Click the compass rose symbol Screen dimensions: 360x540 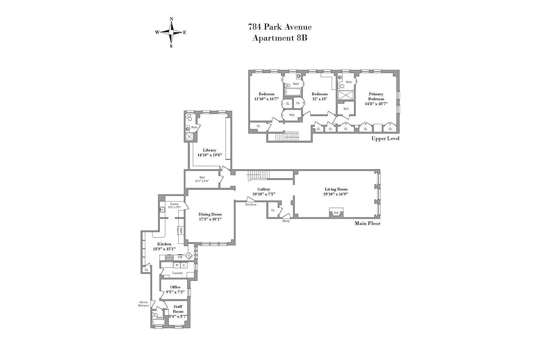[x=171, y=32]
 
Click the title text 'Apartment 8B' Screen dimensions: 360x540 [x=279, y=38]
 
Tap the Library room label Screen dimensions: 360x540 [x=210, y=150]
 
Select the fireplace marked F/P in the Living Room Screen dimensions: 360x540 [x=336, y=212]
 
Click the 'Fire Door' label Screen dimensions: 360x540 [x=251, y=204]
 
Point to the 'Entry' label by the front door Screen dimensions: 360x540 [x=286, y=221]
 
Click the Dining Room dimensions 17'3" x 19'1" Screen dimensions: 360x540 [x=210, y=219]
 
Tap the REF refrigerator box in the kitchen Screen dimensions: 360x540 [x=181, y=230]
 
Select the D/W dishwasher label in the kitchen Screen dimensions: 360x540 [x=180, y=257]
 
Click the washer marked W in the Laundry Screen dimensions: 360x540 [x=177, y=265]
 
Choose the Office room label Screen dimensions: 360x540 [x=175, y=287]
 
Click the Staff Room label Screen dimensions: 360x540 [x=178, y=309]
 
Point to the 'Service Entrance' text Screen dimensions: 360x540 [x=144, y=304]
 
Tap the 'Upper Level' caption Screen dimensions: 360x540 [x=385, y=139]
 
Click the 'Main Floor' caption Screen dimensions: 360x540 [x=367, y=223]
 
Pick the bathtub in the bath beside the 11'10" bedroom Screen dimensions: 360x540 [x=293, y=92]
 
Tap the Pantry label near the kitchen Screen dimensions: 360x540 [x=174, y=204]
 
